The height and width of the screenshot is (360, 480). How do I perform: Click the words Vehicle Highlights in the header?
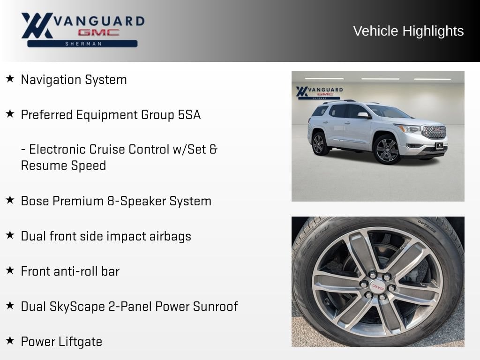pos(408,31)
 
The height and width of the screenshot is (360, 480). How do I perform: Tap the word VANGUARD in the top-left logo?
pos(99,21)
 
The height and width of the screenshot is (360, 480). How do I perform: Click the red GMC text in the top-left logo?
pos(98,32)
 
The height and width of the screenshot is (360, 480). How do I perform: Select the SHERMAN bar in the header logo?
pos(82,44)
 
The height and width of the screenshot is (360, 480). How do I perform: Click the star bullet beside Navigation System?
pos(10,78)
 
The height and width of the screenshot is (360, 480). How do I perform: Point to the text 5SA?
pos(189,115)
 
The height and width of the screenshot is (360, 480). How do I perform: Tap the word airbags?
pos(170,237)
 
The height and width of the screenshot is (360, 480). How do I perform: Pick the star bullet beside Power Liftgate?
pos(10,340)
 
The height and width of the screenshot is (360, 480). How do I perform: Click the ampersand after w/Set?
pos(213,150)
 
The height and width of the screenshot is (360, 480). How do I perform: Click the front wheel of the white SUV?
pos(387,150)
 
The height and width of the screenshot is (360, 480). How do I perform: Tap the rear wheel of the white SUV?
pos(319,143)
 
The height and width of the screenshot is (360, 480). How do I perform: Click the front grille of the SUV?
pos(434,132)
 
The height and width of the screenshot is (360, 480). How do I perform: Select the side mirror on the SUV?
pos(364,115)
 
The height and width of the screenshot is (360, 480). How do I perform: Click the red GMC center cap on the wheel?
pos(378,287)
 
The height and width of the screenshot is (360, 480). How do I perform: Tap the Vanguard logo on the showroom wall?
pos(319,93)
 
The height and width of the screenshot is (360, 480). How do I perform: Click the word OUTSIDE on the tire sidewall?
pos(427,226)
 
